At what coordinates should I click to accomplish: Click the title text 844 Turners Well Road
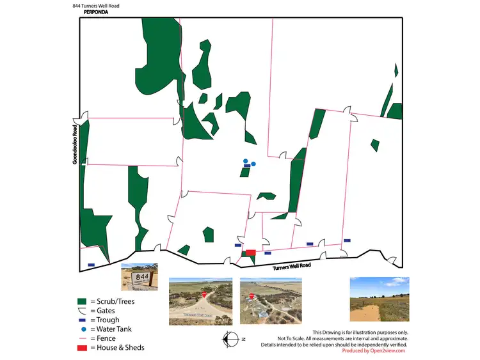pyautogui.click(x=96, y=6)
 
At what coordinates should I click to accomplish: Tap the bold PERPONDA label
pyautogui.click(x=96, y=12)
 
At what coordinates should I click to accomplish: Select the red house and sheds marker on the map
pyautogui.click(x=251, y=253)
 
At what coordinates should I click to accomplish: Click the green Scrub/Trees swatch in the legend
pyautogui.click(x=81, y=301)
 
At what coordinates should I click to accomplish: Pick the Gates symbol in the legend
pyautogui.click(x=81, y=311)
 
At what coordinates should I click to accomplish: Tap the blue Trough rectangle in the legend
pyautogui.click(x=81, y=320)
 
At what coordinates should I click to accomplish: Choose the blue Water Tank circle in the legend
pyautogui.click(x=81, y=329)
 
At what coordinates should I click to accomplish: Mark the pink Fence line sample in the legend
pyautogui.click(x=81, y=338)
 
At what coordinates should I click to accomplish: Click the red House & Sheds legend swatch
pyautogui.click(x=81, y=348)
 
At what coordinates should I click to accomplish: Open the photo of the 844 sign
pyautogui.click(x=139, y=277)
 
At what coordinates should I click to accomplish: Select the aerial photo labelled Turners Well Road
pyautogui.click(x=200, y=299)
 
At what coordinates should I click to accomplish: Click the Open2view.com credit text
pyautogui.click(x=374, y=351)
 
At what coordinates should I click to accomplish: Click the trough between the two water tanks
pyautogui.click(x=246, y=166)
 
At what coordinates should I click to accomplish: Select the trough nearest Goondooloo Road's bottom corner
pyautogui.click(x=91, y=265)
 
